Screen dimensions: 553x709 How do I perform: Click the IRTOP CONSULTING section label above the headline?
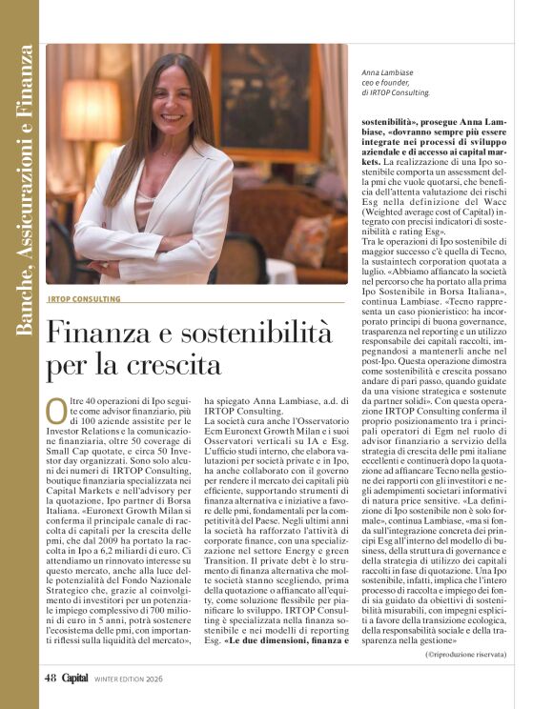85,299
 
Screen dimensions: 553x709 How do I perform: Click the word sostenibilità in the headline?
248,334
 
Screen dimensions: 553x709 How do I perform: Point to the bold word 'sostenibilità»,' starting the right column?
394,122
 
